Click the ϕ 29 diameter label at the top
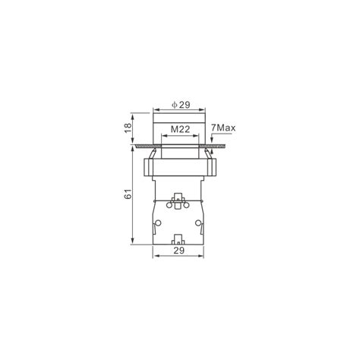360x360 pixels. [x=181, y=105]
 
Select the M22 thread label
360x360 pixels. [x=180, y=129]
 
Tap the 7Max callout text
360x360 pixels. [x=223, y=128]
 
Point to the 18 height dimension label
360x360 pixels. [x=128, y=128]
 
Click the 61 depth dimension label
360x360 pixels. [x=128, y=194]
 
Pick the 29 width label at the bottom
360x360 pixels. [x=179, y=251]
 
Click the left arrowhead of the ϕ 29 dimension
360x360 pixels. [x=156, y=110]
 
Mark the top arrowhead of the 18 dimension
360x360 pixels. [x=132, y=116]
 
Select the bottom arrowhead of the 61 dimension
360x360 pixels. [x=132, y=242]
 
